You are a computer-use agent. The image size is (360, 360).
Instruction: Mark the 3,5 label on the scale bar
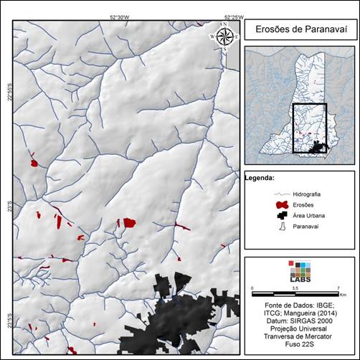coord(295,288)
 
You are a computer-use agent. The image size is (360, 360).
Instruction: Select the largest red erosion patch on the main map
coord(129,222)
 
